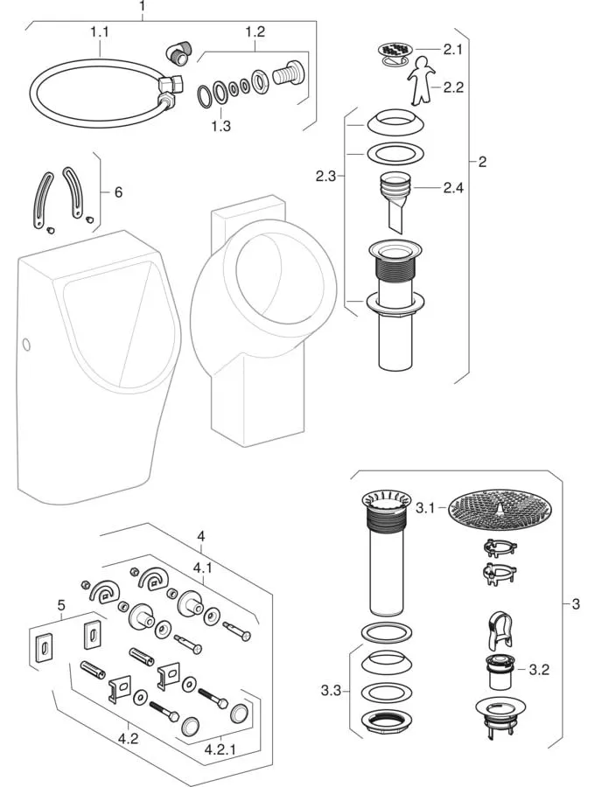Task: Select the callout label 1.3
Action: (x=222, y=126)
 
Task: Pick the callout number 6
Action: (x=118, y=191)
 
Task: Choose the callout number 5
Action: (x=60, y=603)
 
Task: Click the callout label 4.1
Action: (x=202, y=567)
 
